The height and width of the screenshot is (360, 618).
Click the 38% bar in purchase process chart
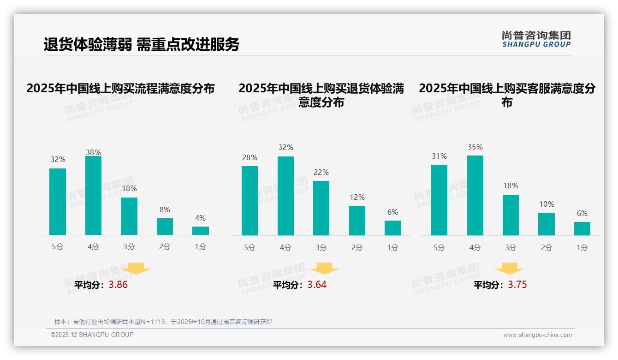93,196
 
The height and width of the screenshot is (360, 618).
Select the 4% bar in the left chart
201,231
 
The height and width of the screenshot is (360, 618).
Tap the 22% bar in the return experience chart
321,208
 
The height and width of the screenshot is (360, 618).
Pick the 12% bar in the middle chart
357,221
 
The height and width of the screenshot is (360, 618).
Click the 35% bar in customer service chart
475,196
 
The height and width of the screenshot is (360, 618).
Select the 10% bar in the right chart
547,224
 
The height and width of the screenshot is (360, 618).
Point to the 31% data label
439,156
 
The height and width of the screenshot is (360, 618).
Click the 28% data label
250,158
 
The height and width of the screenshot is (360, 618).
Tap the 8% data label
165,209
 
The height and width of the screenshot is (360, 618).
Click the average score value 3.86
118,285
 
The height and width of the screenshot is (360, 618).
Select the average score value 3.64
317,285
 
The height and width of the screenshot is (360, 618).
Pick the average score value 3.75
517,285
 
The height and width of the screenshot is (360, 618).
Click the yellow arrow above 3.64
324,268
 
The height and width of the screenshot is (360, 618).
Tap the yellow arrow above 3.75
509,268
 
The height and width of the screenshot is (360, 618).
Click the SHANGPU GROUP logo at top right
536,39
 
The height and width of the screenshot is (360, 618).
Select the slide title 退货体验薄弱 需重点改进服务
141,44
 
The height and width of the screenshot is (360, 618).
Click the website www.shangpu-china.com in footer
537,335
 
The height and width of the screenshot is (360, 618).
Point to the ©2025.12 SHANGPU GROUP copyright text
92,335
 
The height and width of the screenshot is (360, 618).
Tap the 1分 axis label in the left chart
201,247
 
